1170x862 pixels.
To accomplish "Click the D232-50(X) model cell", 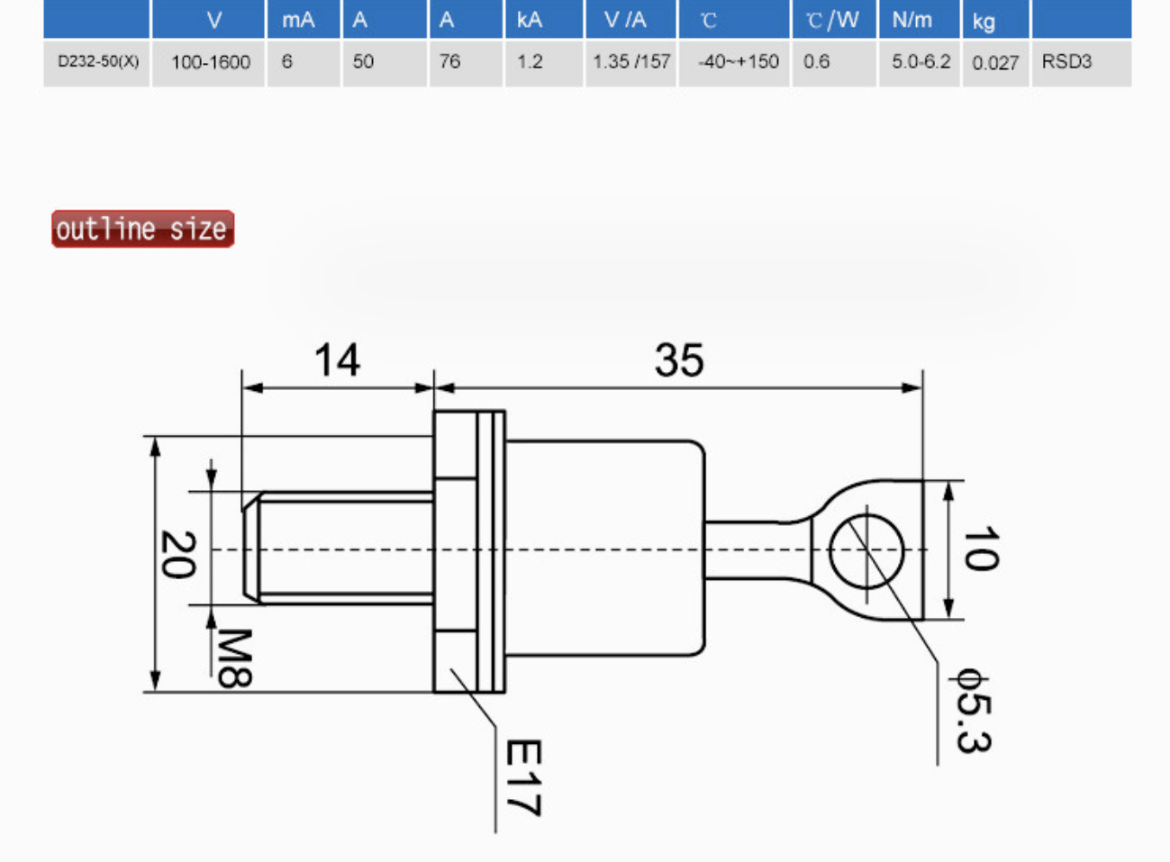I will [x=97, y=62].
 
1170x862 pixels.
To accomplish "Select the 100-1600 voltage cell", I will [x=210, y=62].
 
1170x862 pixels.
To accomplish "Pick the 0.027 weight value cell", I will [x=995, y=63].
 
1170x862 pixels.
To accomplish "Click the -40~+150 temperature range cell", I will [x=738, y=62].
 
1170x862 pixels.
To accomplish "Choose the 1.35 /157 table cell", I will [x=631, y=62].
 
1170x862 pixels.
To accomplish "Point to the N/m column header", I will [x=912, y=20].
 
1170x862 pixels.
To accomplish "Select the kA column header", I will [x=530, y=20].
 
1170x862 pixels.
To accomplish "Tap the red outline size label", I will [x=142, y=229].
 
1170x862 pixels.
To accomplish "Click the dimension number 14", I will [x=337, y=360].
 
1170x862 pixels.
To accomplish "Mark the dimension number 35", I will [x=679, y=360].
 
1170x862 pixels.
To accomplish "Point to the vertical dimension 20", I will [x=177, y=554].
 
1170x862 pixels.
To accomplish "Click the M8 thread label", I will [x=234, y=658].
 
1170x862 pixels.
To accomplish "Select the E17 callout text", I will [x=522, y=777].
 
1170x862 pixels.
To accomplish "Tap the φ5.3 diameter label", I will [x=974, y=712].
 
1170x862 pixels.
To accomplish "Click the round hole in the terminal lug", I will [x=866, y=549].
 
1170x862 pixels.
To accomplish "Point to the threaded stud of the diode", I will [x=342, y=548].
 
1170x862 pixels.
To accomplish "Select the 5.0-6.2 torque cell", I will [x=921, y=62].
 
